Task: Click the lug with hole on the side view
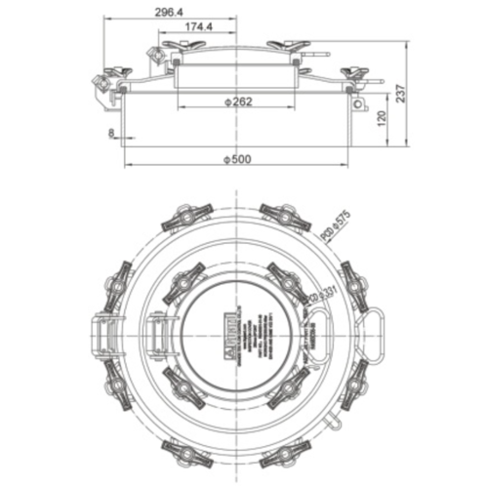360,102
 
